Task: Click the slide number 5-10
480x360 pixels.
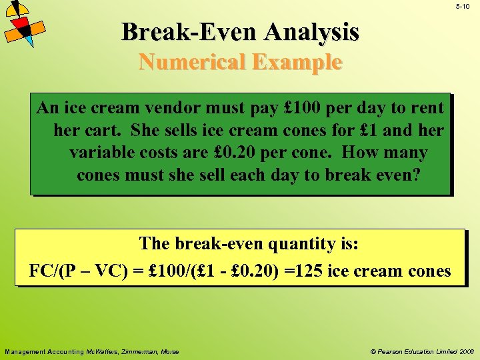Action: coord(462,6)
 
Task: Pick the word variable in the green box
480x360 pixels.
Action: coord(101,153)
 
